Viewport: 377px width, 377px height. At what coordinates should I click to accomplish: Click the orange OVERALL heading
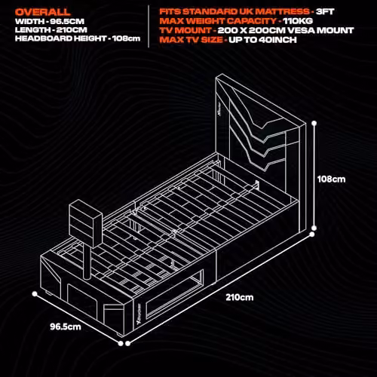coord(43,12)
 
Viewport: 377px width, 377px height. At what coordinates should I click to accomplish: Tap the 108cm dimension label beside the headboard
coord(331,179)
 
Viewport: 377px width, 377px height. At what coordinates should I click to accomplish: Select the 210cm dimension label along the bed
coord(240,297)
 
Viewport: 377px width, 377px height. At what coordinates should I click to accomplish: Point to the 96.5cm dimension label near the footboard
coord(66,326)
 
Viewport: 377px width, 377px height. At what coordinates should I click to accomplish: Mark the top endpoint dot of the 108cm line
coord(314,123)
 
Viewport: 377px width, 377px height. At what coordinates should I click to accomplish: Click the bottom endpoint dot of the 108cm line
coord(314,228)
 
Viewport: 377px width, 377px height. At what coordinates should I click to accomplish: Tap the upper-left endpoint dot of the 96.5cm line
coord(35,294)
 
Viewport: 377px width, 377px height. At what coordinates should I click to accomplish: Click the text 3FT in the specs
coord(325,11)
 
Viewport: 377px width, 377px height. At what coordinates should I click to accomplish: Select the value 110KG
coord(298,21)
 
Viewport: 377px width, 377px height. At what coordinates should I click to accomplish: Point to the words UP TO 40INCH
coord(262,40)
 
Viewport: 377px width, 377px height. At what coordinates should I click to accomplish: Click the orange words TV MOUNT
coord(185,30)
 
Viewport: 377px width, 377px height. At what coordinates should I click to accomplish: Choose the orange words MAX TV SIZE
coord(192,40)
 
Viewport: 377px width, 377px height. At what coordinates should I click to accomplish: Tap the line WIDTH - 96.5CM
coord(50,21)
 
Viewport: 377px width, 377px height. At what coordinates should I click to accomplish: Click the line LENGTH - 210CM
coord(51,30)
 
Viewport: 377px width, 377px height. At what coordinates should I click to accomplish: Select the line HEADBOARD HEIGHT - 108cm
coord(78,38)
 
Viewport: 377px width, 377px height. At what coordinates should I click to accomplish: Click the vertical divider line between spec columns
coord(149,26)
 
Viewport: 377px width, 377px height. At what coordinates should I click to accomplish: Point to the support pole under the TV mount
coord(87,262)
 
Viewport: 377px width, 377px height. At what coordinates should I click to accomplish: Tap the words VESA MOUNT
coord(320,30)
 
